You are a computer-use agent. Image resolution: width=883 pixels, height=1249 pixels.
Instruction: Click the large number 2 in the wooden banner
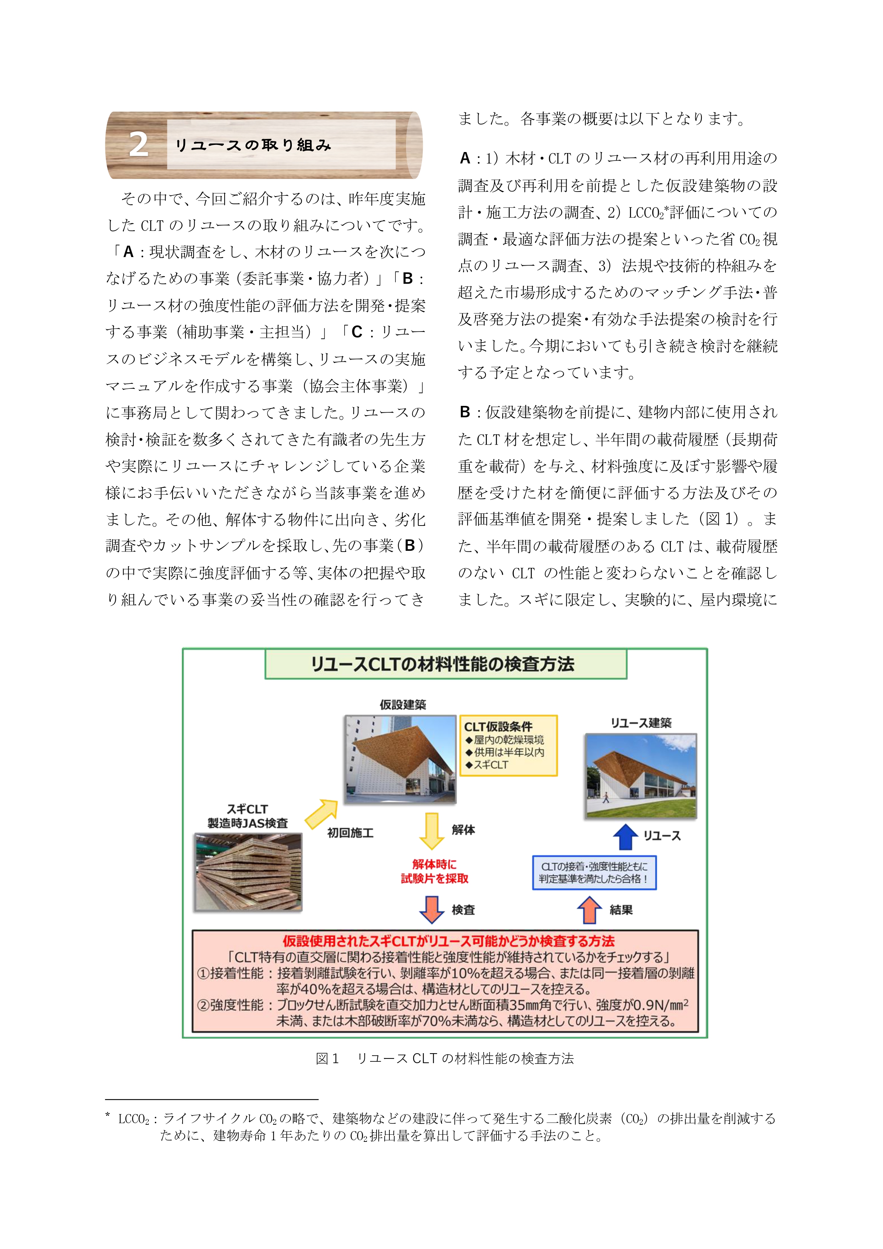[x=139, y=145]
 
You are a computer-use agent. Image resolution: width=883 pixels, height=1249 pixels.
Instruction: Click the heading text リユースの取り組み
[x=253, y=145]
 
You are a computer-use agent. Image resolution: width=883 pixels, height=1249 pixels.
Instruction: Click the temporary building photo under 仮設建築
[x=400, y=759]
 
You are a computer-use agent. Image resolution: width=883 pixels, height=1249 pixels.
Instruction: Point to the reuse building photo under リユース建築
[x=641, y=775]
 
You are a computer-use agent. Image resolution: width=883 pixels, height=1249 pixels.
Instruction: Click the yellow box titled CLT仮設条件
[x=508, y=745]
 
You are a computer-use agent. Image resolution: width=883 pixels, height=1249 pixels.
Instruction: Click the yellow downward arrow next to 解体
[x=432, y=831]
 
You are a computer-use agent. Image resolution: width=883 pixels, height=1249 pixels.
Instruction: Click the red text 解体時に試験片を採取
[x=435, y=871]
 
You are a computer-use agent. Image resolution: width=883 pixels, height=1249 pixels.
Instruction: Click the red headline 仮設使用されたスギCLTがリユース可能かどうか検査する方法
[x=448, y=941]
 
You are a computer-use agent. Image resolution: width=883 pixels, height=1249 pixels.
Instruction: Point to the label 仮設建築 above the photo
[x=403, y=705]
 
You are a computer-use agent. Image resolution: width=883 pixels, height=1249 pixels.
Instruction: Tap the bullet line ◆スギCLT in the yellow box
[x=487, y=764]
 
